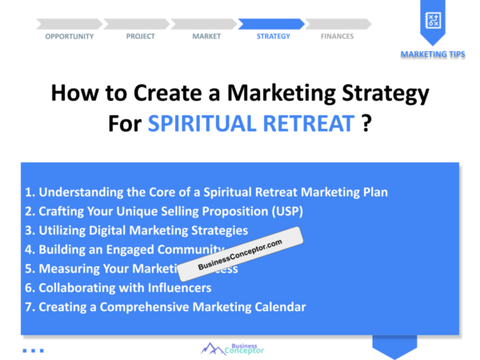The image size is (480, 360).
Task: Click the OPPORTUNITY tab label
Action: click(69, 36)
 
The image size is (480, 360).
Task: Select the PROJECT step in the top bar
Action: click(141, 36)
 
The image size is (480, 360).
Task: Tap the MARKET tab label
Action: click(206, 36)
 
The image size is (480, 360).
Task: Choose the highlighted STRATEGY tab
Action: click(273, 36)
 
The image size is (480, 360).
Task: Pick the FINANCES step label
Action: click(337, 36)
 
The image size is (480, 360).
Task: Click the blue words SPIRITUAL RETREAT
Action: click(250, 125)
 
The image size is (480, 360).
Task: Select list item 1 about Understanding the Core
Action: click(206, 192)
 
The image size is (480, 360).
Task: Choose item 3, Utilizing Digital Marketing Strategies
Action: click(135, 230)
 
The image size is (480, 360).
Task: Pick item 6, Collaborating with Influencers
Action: click(118, 288)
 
